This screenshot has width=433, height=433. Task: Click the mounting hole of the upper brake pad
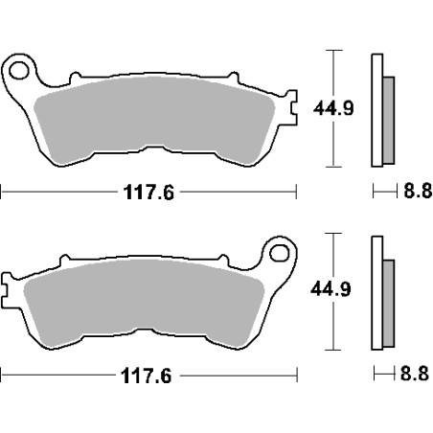pos(19,71)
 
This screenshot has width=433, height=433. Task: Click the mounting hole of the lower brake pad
pos(280,254)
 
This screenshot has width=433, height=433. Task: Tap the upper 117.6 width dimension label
pos(148,193)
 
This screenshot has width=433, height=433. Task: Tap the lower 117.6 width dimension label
pos(146,376)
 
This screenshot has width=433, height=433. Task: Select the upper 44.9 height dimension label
pos(333,108)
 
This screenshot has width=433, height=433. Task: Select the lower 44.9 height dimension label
pos(330,289)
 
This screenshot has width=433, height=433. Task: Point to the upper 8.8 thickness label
pos(418,191)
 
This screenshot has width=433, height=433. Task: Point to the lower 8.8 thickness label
pos(415,374)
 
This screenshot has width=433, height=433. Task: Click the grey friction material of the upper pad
pos(153,117)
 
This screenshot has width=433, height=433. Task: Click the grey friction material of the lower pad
pos(144,300)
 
